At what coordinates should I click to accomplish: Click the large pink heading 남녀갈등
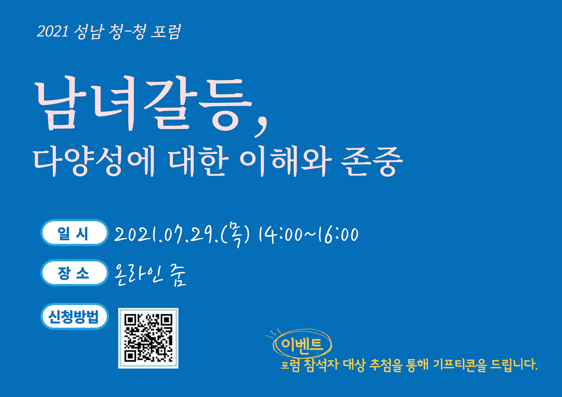click(x=143, y=105)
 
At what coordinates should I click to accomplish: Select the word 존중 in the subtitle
click(x=371, y=162)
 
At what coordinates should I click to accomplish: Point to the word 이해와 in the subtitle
click(x=285, y=162)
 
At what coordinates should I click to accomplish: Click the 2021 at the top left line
click(x=52, y=31)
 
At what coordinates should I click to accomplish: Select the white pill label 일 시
click(x=74, y=233)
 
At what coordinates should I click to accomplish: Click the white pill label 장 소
click(x=74, y=273)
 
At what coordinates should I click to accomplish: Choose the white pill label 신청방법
click(x=74, y=317)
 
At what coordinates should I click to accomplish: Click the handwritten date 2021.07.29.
click(x=166, y=235)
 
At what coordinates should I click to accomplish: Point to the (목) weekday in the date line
click(x=235, y=235)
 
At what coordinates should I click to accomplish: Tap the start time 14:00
click(x=280, y=235)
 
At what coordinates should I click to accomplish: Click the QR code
click(x=148, y=338)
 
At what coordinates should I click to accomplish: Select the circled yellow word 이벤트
click(x=302, y=344)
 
